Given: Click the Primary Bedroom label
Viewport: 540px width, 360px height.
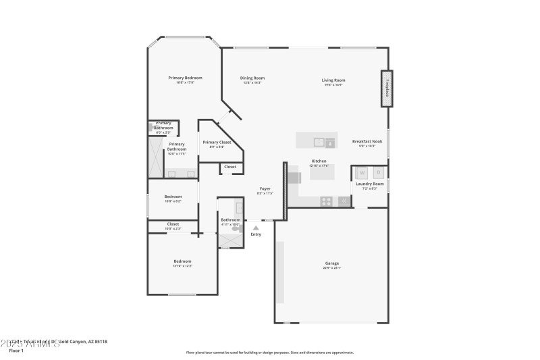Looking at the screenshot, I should [185, 78].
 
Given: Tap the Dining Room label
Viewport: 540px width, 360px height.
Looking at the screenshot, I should [252, 78].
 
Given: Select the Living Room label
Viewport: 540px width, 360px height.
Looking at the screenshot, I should [333, 80].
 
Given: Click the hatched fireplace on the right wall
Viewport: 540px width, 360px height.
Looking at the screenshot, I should [387, 88].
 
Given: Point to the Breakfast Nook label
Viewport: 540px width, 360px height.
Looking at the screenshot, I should [367, 141].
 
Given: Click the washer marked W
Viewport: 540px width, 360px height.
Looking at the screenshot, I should [362, 172].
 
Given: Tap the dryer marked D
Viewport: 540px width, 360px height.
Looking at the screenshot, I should [378, 172].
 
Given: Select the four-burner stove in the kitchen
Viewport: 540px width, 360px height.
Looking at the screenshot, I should [326, 201].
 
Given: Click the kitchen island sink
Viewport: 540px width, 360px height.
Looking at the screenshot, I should [318, 142].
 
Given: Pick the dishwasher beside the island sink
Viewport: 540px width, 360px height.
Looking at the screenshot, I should [330, 142].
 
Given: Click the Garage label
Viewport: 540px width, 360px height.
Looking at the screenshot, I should [331, 263].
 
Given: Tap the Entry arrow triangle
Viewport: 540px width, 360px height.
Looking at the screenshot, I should [256, 228].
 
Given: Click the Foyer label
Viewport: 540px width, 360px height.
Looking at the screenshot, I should [265, 189].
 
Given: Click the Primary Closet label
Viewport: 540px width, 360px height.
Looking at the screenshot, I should [217, 143].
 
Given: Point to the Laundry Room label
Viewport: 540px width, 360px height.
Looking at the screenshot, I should [369, 184].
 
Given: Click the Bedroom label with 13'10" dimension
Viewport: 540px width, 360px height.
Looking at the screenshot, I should [182, 261].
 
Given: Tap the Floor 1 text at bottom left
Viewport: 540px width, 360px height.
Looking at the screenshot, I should [16, 351].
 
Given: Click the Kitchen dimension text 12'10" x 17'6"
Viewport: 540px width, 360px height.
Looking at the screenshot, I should [319, 165].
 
